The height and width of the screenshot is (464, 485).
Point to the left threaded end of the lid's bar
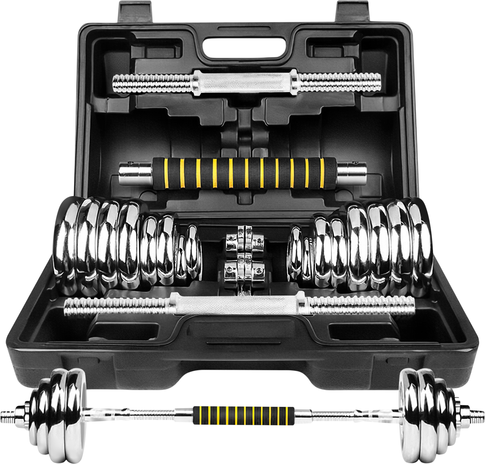152,83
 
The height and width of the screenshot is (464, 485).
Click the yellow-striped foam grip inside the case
244,173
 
